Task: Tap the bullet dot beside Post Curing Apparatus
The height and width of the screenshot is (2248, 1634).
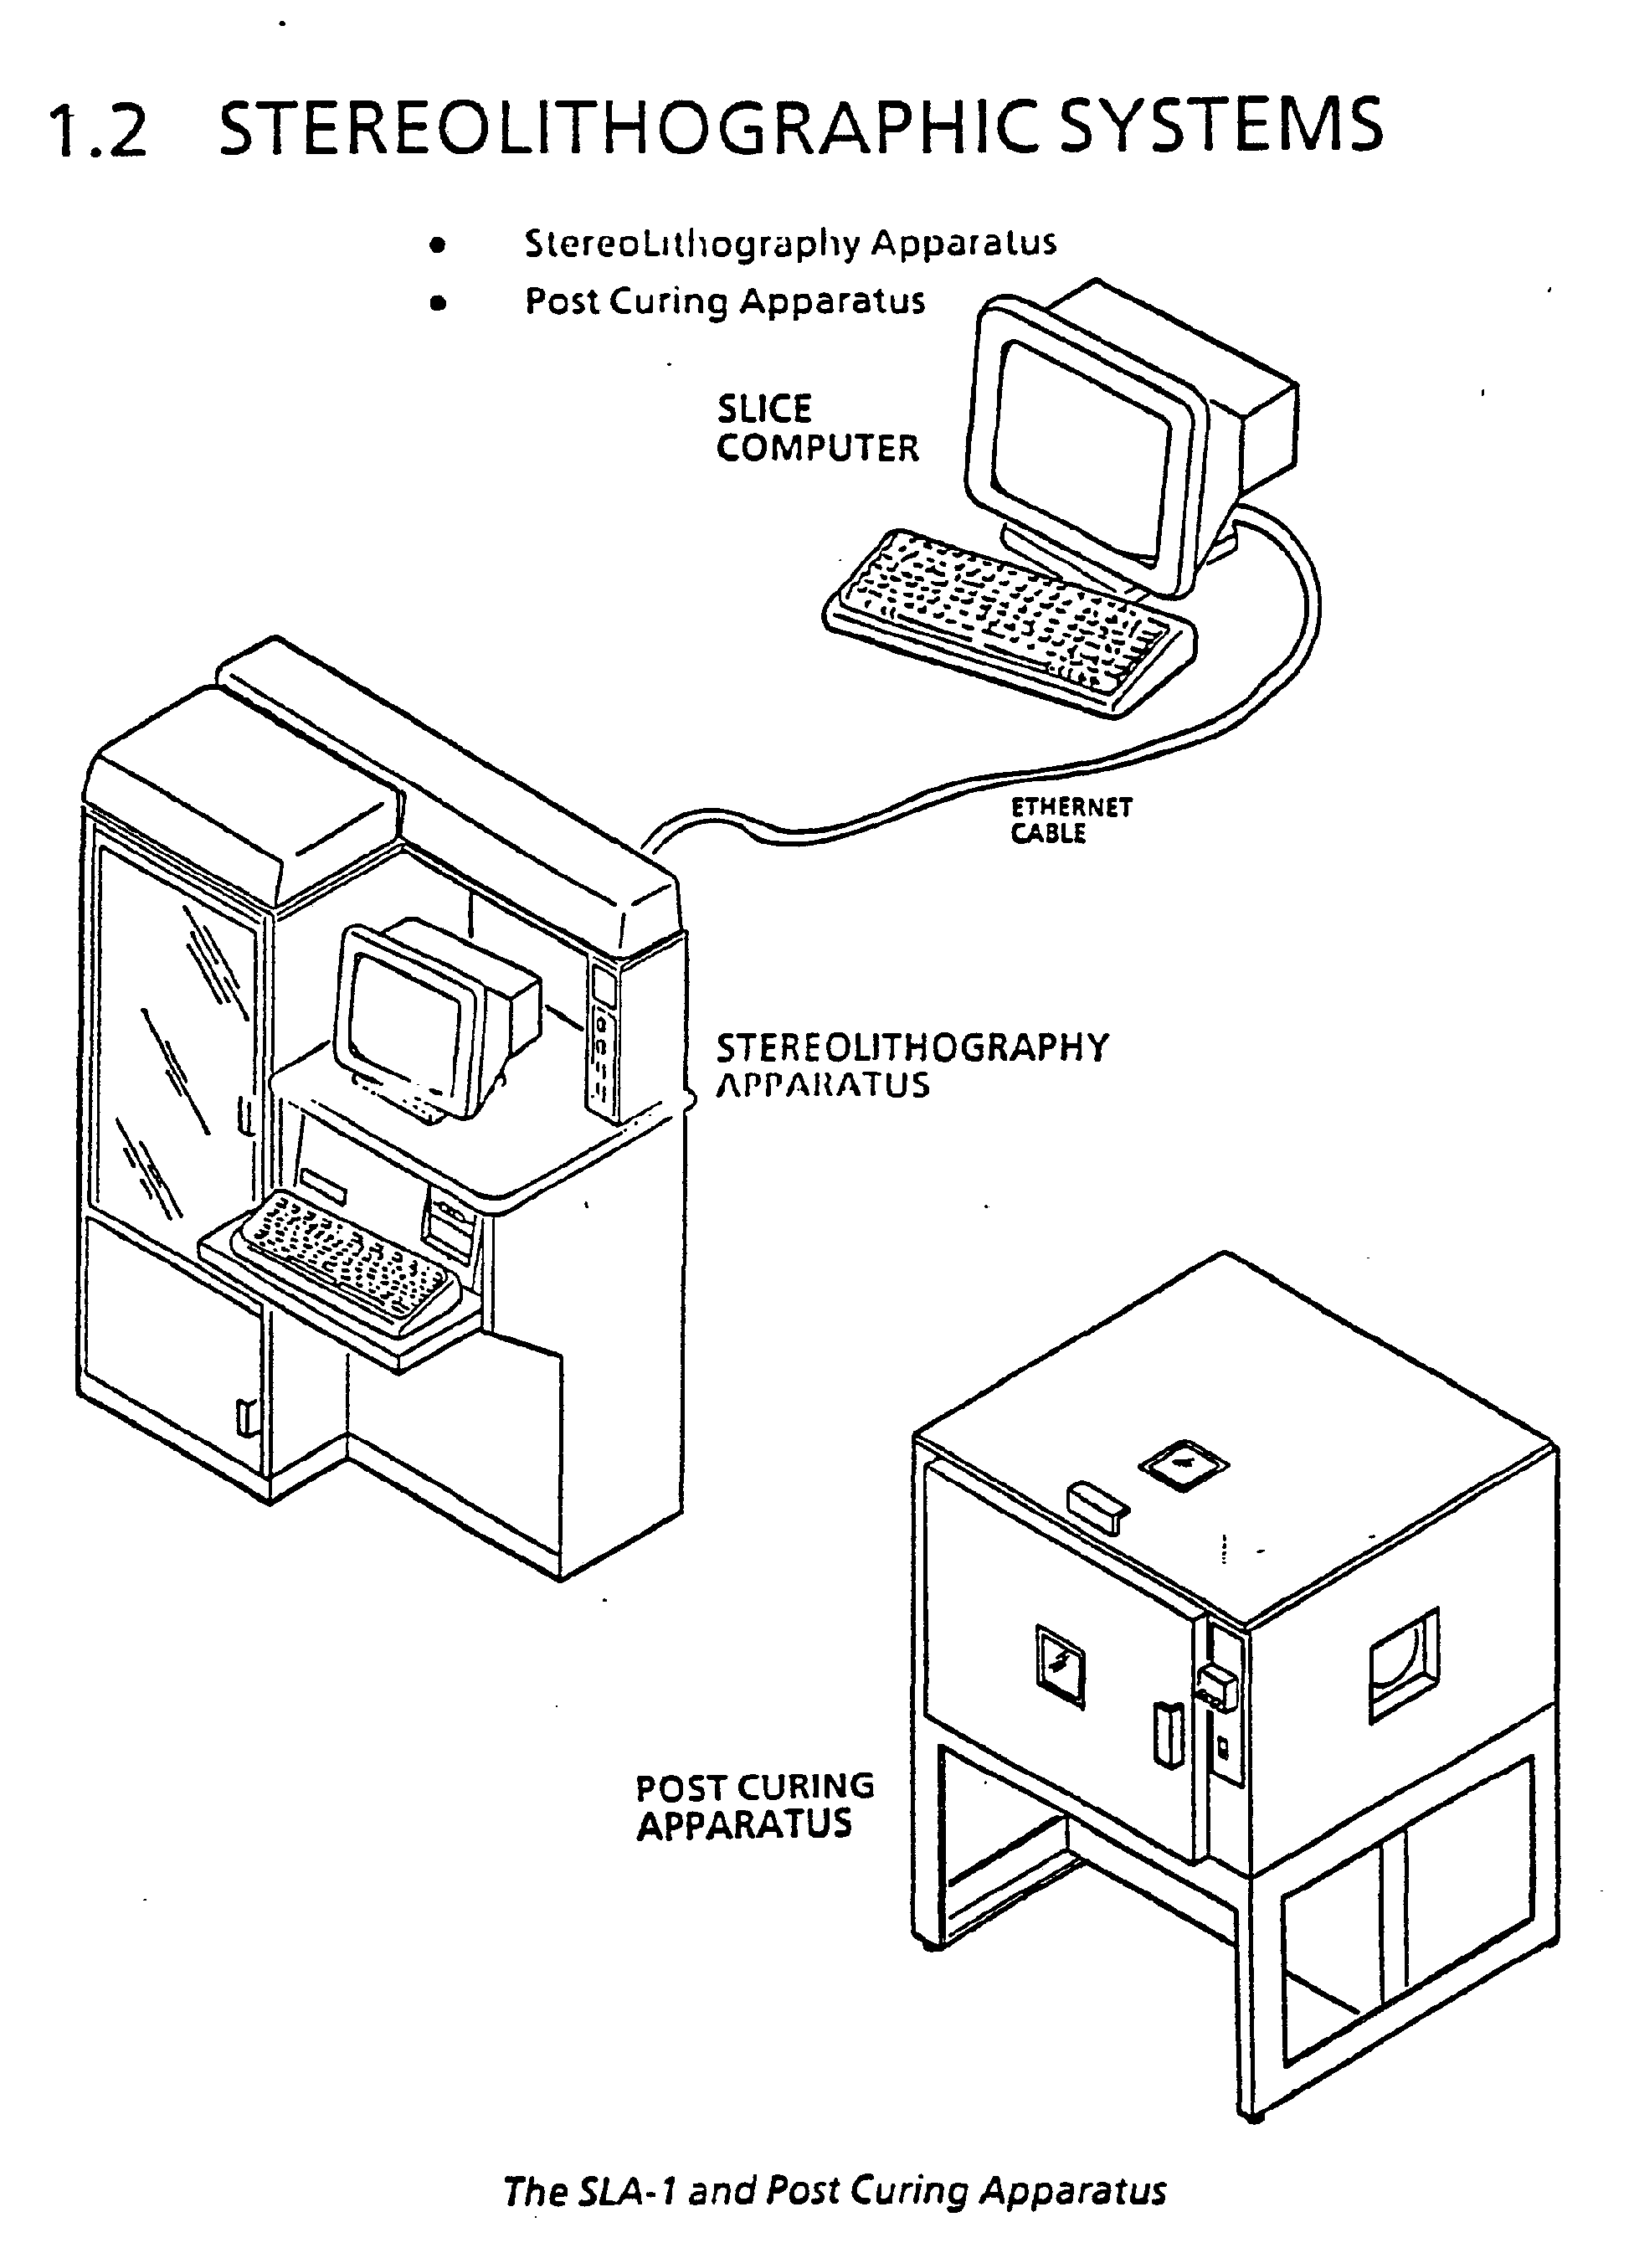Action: pyautogui.click(x=437, y=302)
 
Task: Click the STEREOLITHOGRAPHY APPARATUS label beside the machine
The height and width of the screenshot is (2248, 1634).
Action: pyautogui.click(x=912, y=1066)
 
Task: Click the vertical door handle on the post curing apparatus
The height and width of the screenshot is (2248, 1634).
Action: pyautogui.click(x=1169, y=1735)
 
